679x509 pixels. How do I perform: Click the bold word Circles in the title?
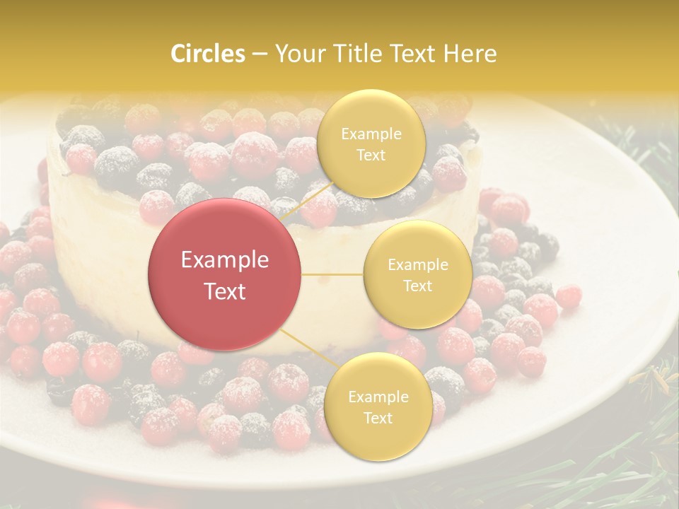pos(208,54)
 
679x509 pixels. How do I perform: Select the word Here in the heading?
pos(472,54)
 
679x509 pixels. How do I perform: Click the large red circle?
pos(224,274)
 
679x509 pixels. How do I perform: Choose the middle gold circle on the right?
pos(417,274)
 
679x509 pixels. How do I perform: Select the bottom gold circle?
pos(378,406)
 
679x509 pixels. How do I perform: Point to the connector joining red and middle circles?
pos(332,274)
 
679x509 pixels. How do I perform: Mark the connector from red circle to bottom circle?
pos(308,351)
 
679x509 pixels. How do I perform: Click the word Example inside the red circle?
pos(224,260)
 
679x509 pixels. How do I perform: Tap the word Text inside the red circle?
pos(224,291)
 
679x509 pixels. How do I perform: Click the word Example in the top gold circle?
pos(371,134)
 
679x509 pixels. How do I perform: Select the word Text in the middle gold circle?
pos(417,286)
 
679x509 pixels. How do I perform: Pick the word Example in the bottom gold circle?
pos(378,397)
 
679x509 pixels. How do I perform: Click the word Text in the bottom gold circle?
pos(378,418)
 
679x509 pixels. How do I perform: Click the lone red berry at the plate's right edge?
pos(568,296)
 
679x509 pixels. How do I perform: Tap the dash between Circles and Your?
pos(260,54)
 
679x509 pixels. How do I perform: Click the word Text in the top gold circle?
pos(371,155)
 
